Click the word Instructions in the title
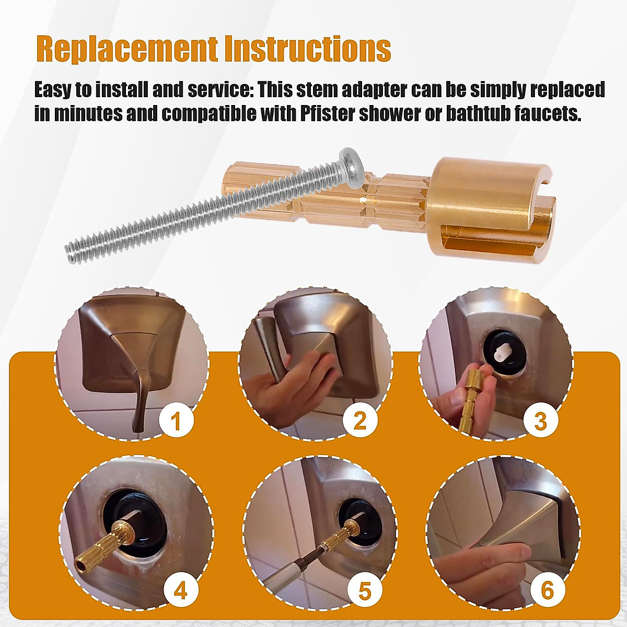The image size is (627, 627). click(307, 50)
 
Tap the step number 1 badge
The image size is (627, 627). click(176, 421)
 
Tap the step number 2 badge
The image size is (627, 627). click(360, 421)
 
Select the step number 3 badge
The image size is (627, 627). click(541, 421)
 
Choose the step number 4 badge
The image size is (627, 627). click(180, 590)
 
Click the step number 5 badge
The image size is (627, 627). click(364, 591)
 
